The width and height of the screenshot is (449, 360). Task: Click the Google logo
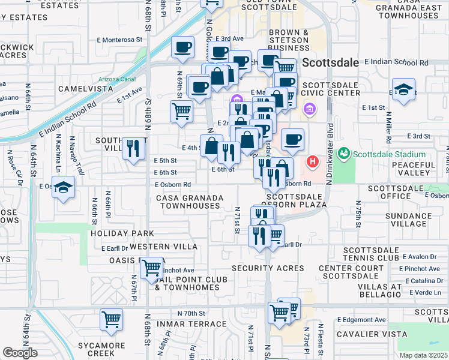point(20,353)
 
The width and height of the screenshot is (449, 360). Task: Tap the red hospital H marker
point(313,161)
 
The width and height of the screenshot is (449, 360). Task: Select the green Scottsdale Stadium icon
point(344,153)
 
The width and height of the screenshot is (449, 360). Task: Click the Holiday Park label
point(122,233)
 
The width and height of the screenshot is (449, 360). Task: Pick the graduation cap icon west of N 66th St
point(64,188)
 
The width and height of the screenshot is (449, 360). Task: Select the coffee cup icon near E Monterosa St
point(182,47)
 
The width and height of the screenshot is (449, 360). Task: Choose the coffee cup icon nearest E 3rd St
point(292,139)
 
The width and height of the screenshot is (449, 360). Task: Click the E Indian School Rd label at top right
point(397,62)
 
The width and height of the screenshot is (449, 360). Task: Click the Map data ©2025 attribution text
point(424,355)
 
